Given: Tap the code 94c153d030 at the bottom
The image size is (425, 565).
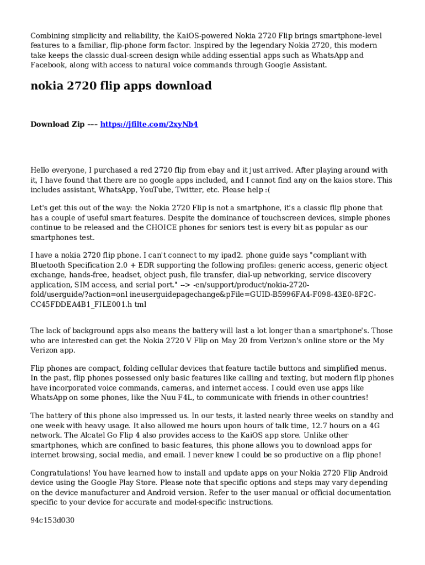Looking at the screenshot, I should click(52, 520).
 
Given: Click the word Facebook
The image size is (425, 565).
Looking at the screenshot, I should click(49, 65).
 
